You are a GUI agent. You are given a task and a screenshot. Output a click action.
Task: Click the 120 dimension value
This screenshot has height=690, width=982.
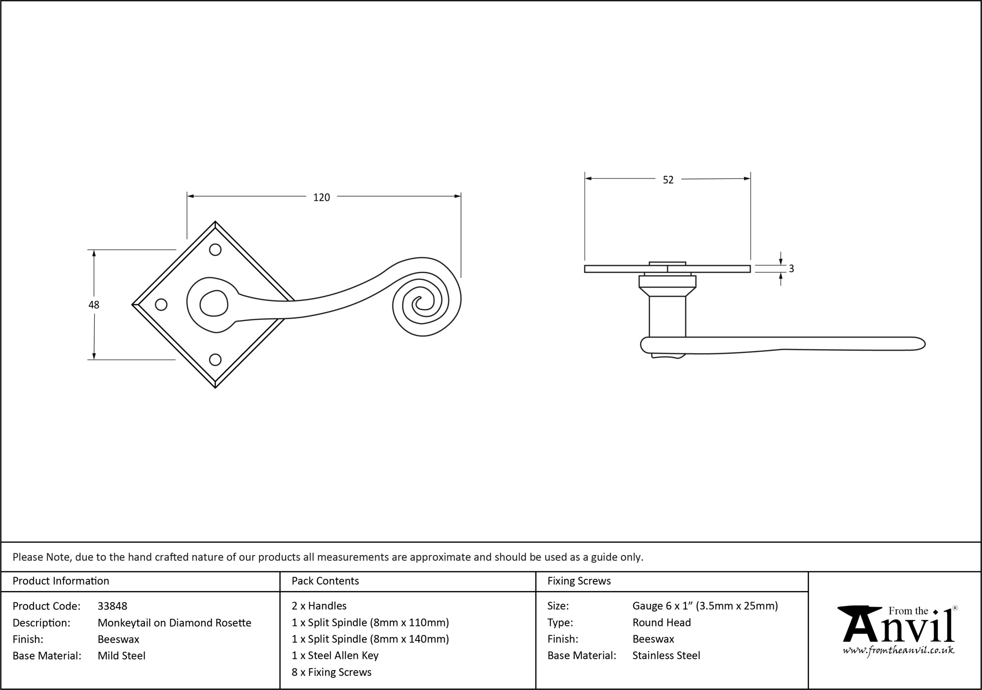pyautogui.click(x=321, y=197)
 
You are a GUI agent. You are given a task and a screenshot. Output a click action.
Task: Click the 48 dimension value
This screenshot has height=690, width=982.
pyautogui.click(x=94, y=305)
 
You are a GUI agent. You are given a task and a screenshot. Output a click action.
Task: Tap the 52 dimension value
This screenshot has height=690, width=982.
pyautogui.click(x=668, y=180)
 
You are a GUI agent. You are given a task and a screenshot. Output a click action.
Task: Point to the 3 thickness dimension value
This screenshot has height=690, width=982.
pyautogui.click(x=791, y=268)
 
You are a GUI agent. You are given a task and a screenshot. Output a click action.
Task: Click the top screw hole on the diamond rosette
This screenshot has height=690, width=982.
pyautogui.click(x=215, y=250)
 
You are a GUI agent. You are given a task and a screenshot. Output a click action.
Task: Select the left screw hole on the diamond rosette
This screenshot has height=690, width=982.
pyautogui.click(x=161, y=304)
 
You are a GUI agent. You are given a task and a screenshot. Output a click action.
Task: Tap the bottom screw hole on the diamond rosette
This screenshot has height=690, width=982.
pyautogui.click(x=215, y=360)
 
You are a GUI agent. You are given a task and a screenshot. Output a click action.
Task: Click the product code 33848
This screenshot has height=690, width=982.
pyautogui.click(x=112, y=606)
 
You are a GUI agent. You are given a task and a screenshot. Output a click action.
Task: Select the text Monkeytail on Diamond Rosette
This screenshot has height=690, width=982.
pyautogui.click(x=175, y=623)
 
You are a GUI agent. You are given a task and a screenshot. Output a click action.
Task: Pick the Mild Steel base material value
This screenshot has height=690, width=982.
pyautogui.click(x=122, y=656)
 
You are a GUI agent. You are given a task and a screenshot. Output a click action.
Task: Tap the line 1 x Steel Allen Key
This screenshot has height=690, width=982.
pyautogui.click(x=335, y=656)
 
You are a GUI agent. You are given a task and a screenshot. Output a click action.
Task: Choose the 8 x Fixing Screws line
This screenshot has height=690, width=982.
pyautogui.click(x=331, y=672)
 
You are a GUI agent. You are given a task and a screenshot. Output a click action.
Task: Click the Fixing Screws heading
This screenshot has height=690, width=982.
pyautogui.click(x=579, y=581)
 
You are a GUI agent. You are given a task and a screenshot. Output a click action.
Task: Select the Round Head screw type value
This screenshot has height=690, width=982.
pyautogui.click(x=662, y=623)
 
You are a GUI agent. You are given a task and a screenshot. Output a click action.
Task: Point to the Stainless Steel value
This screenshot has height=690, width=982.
pyautogui.click(x=666, y=656)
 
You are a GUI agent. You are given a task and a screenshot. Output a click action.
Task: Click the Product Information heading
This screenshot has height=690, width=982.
pyautogui.click(x=61, y=581)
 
